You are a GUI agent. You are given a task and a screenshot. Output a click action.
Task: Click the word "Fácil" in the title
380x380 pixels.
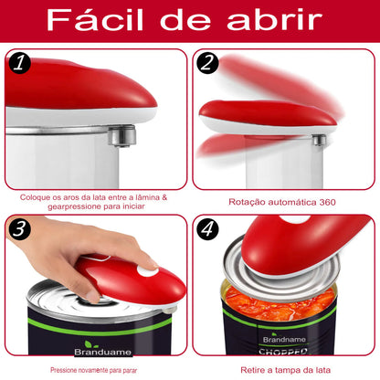(96, 20)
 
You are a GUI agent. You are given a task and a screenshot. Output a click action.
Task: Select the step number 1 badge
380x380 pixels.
(20, 65)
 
